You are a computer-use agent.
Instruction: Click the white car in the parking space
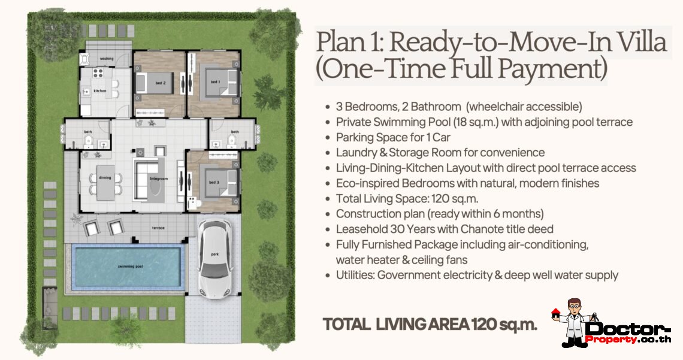[x=215, y=259]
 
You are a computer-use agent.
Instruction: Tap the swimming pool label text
[x=130, y=266]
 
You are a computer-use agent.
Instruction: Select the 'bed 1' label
[x=215, y=81]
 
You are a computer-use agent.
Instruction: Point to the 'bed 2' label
[x=161, y=83]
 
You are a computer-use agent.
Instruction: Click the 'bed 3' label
[x=214, y=182]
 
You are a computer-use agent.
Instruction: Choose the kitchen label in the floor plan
[x=99, y=90]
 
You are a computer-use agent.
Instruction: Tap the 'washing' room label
[x=107, y=58]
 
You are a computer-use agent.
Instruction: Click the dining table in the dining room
[x=105, y=182]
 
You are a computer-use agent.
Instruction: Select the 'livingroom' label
[x=159, y=179]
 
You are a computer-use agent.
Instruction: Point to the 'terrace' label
[x=158, y=228]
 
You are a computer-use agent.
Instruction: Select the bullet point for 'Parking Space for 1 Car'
[x=328, y=138]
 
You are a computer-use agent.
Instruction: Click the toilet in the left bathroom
[x=89, y=140]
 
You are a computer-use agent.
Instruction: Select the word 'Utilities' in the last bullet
[x=355, y=275]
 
